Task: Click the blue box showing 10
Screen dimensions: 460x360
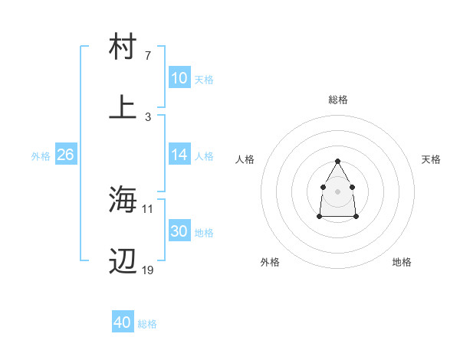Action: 179,78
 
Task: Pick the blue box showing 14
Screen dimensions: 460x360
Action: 179,155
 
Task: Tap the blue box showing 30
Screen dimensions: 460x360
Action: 179,232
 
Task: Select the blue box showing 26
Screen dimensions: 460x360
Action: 65,155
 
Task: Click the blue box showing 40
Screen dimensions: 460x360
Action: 122,322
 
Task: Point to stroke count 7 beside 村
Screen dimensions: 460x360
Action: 148,56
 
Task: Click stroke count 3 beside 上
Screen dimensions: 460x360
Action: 148,116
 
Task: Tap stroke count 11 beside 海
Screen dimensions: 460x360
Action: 148,208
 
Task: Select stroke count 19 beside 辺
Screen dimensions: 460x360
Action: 148,270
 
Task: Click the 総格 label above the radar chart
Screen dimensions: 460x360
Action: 338,100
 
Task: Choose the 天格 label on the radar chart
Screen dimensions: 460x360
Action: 432,159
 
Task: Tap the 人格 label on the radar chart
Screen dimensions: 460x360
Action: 245,159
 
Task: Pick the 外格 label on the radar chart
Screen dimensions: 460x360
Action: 270,262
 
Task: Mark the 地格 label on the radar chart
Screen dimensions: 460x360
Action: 402,262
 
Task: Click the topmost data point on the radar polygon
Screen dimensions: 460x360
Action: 337,162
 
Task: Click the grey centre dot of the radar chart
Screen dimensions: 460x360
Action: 337,190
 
